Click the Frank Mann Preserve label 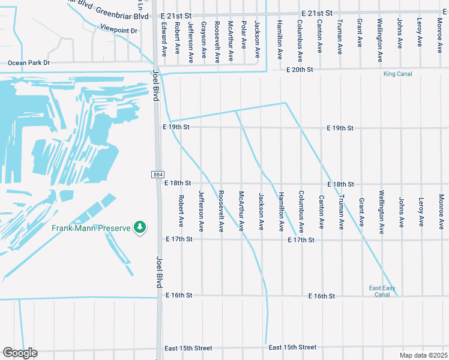[x=91, y=228]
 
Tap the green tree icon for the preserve [x=140, y=227]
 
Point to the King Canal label [x=399, y=74]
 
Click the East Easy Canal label [x=382, y=292]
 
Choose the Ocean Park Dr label [x=28, y=62]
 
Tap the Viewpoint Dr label [x=119, y=29]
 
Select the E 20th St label [x=300, y=70]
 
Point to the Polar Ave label [x=244, y=37]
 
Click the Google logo [x=20, y=353]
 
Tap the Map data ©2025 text [x=423, y=355]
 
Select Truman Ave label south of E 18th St [x=341, y=212]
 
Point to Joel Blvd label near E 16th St [x=160, y=271]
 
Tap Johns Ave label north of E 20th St [x=400, y=34]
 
